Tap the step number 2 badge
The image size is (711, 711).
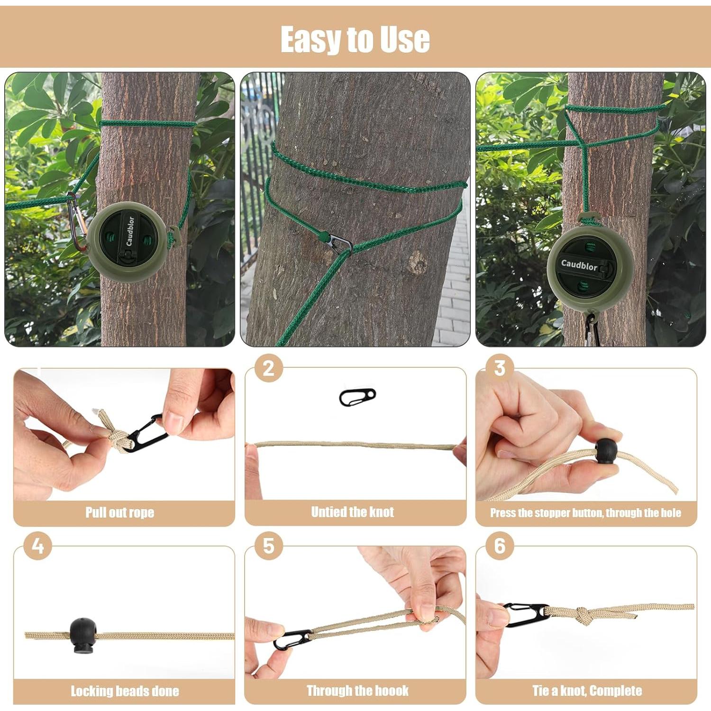click(268, 368)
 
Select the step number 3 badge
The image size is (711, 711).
click(500, 368)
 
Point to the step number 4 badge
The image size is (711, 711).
click(37, 546)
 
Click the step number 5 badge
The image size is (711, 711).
click(268, 546)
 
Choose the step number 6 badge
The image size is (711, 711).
click(500, 546)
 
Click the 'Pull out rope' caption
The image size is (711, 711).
click(120, 512)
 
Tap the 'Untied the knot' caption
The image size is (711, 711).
click(352, 512)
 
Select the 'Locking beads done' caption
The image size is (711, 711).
click(125, 691)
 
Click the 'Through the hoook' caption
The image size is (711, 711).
click(357, 691)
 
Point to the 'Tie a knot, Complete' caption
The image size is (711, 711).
click(587, 691)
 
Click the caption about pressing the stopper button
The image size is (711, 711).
click(585, 513)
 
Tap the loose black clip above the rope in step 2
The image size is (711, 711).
click(357, 397)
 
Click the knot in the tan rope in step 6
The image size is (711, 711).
click(581, 614)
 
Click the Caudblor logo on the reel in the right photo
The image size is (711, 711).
click(579, 265)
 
